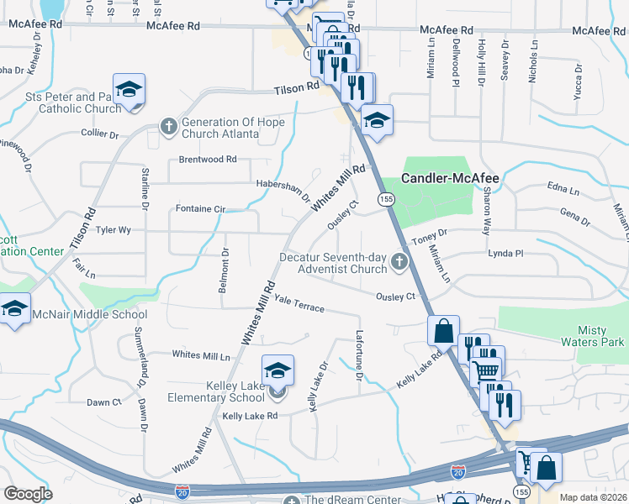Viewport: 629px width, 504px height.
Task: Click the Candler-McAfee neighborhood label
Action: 450,178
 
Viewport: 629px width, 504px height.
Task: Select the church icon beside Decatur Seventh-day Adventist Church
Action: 399,265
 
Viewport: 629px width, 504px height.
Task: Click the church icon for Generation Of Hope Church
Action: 168,128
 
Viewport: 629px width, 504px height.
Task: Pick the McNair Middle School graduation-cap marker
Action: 14,308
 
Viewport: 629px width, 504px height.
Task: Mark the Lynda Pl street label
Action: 505,252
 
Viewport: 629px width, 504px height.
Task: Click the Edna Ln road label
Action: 563,186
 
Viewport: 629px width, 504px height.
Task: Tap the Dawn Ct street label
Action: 104,402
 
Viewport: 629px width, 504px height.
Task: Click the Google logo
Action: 28,494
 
